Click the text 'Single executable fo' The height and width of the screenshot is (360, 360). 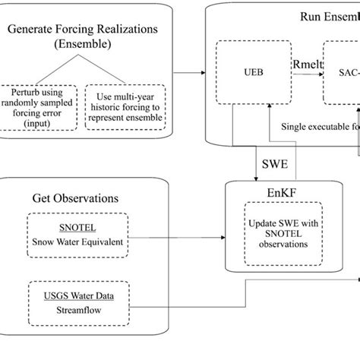[319, 128]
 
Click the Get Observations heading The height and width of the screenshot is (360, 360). [75, 198]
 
